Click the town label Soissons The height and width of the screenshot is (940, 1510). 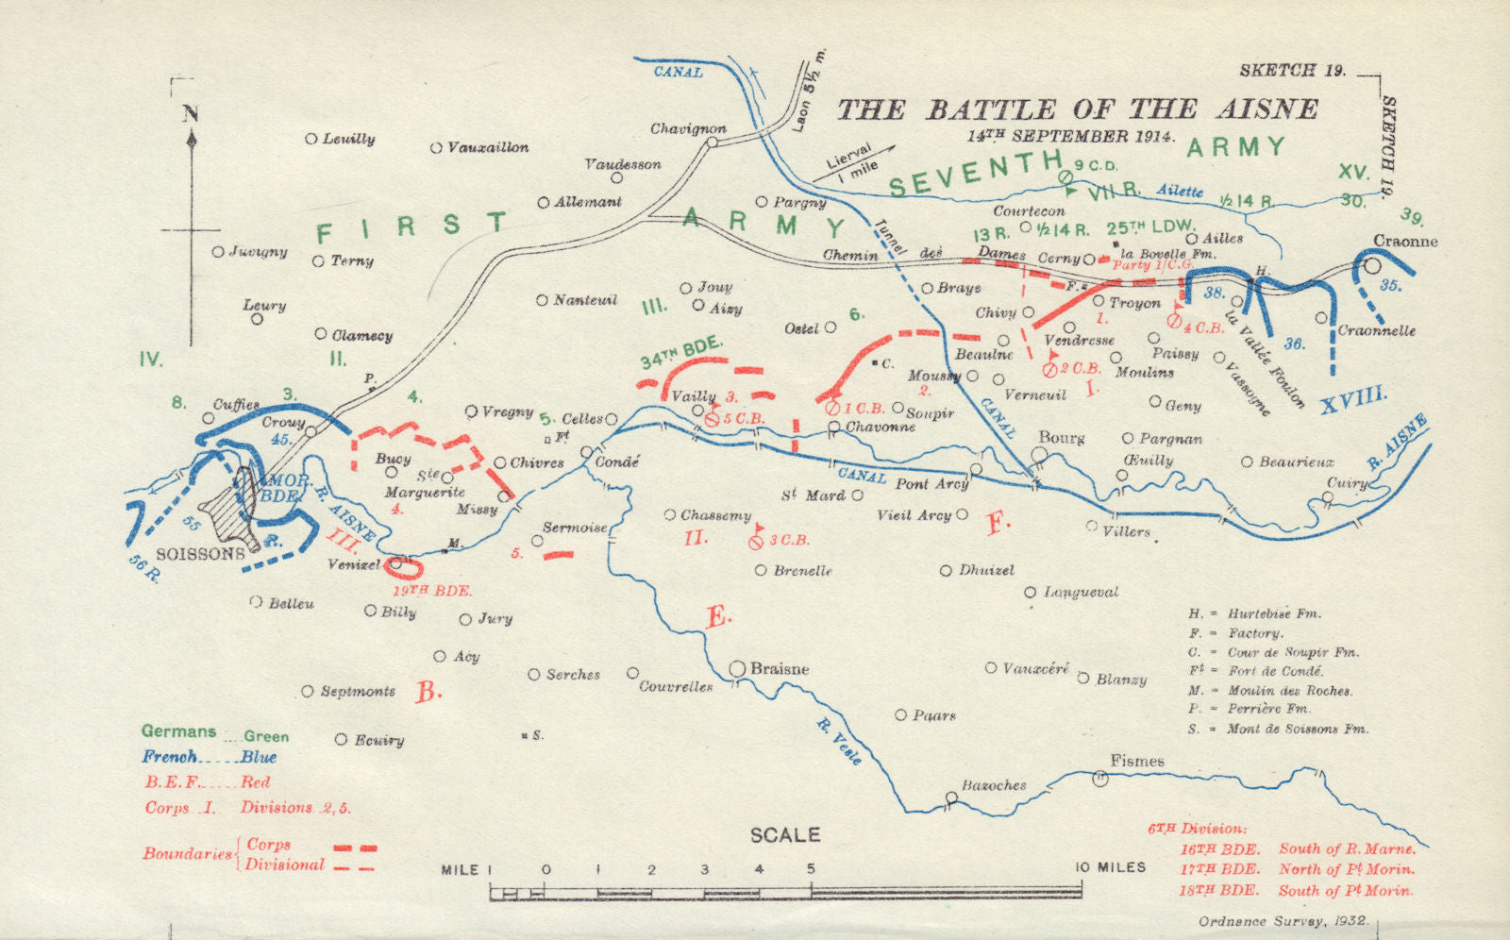click(x=200, y=554)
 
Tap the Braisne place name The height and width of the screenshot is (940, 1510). click(x=779, y=669)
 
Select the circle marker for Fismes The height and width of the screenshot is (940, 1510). click(x=1099, y=779)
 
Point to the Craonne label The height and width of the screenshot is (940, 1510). click(x=1405, y=242)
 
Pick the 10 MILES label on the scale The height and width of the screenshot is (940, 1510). click(x=1111, y=867)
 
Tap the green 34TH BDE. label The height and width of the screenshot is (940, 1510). click(x=680, y=353)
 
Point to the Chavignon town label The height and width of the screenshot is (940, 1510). click(x=688, y=128)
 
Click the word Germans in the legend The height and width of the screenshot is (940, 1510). click(x=178, y=731)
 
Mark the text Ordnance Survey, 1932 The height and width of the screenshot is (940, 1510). click(x=1290, y=922)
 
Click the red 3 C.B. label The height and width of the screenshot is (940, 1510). click(x=789, y=541)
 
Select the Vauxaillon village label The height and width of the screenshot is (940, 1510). click(x=487, y=148)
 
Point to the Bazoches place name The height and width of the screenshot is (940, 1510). click(x=993, y=785)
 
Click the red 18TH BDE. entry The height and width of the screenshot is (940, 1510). click(x=1218, y=890)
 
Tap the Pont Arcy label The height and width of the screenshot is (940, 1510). click(x=931, y=484)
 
